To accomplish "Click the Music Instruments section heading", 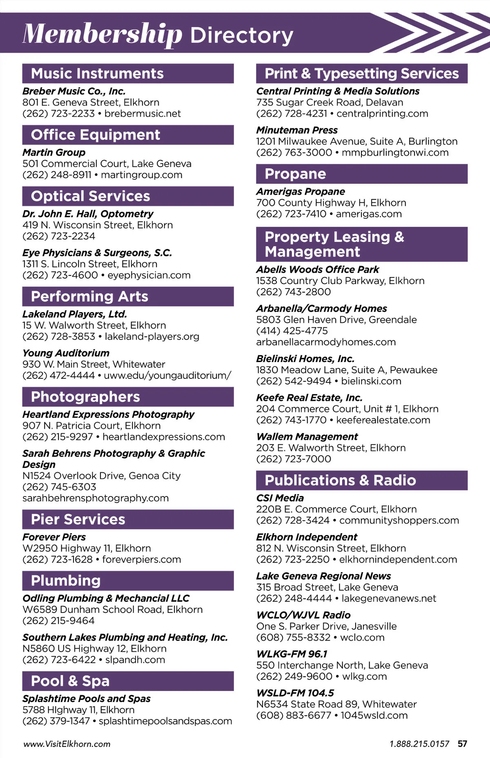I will click(x=97, y=74).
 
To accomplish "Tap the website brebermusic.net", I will click(x=143, y=114).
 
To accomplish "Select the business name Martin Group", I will click(x=54, y=152).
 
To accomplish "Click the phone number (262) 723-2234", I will click(x=59, y=236).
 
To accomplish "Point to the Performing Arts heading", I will click(x=89, y=297).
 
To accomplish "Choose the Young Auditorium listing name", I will click(x=66, y=353).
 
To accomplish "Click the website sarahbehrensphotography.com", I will click(x=96, y=498).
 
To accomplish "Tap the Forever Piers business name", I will click(x=54, y=537).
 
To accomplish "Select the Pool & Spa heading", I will click(x=70, y=681).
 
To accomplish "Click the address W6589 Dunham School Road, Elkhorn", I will click(x=112, y=610).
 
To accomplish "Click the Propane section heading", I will click(x=295, y=174).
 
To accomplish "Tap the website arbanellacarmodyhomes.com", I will click(x=326, y=342).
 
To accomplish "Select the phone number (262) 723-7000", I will click(x=294, y=459).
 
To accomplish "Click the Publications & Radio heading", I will click(x=340, y=481).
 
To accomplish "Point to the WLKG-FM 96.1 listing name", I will click(x=292, y=654).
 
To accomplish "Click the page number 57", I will click(x=462, y=744).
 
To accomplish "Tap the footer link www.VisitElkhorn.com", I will click(x=67, y=744).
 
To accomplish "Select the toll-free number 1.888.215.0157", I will click(x=419, y=744).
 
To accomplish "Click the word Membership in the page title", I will click(x=102, y=34).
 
